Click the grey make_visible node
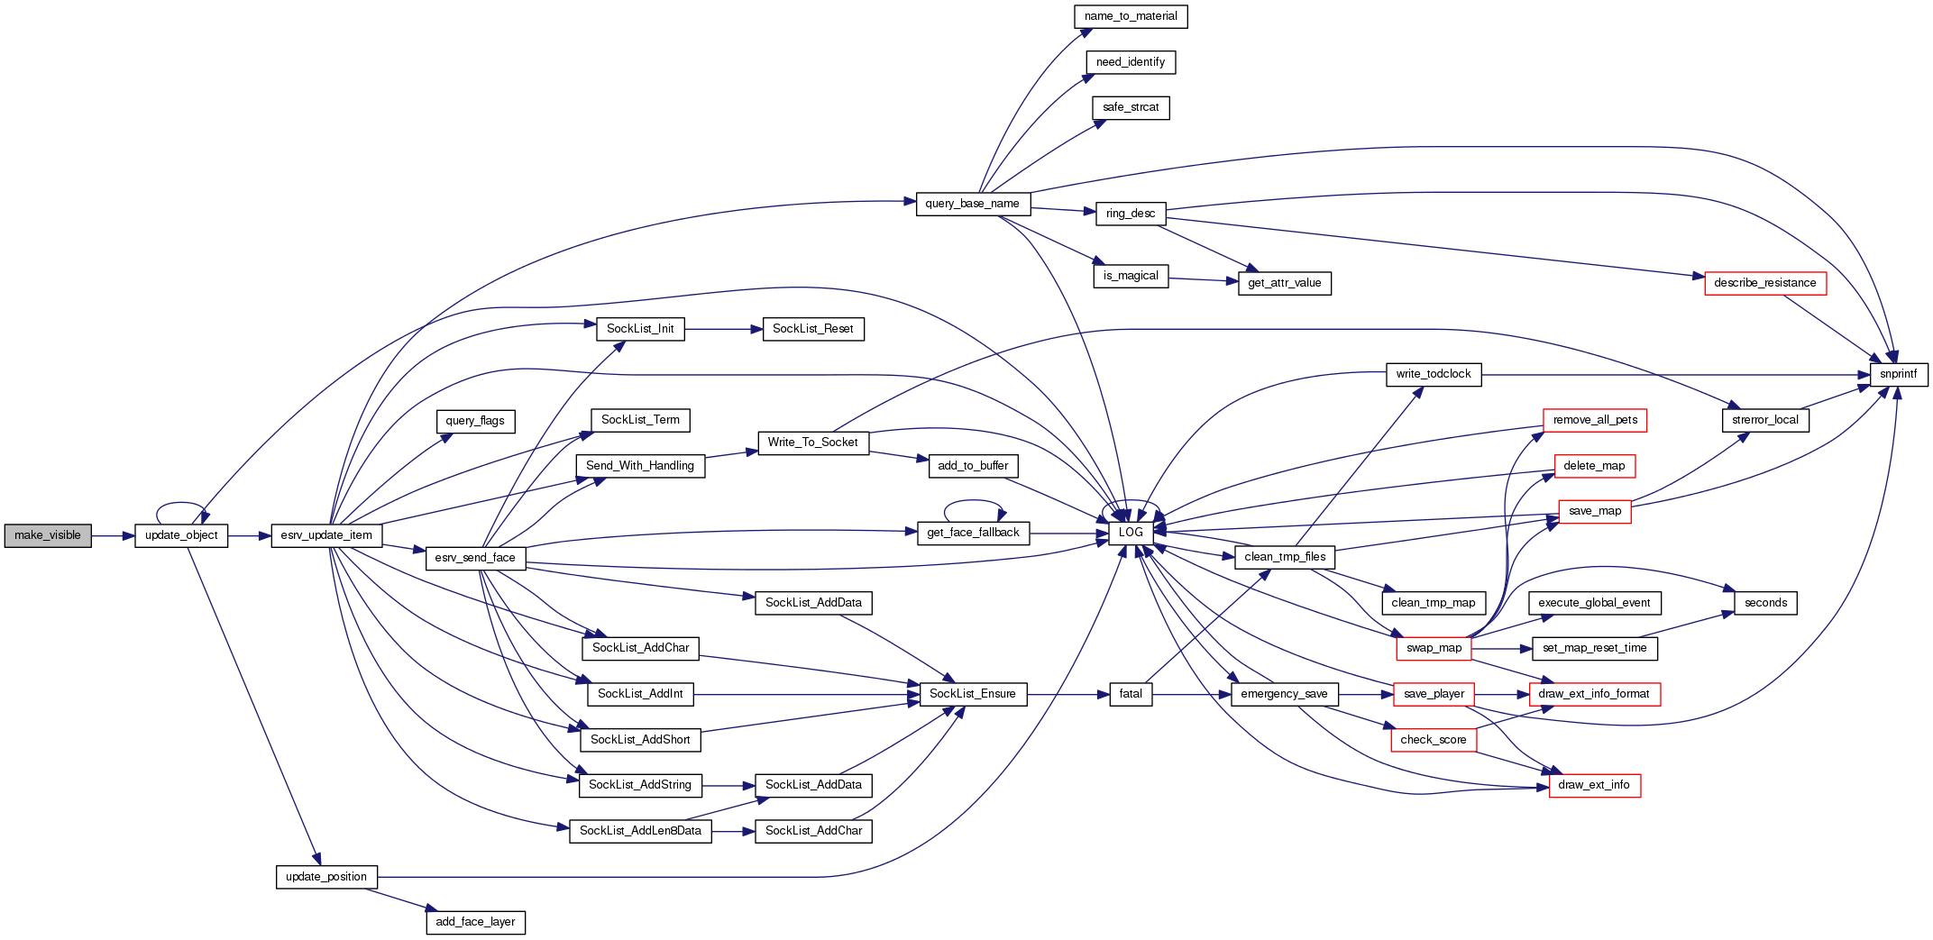[x=48, y=535]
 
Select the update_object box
[x=181, y=535]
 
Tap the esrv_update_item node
[x=326, y=535]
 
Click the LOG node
[x=1131, y=533]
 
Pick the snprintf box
[x=1898, y=374]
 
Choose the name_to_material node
[x=1131, y=16]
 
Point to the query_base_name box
[x=972, y=204]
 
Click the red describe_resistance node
[x=1764, y=283]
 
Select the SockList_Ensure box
[x=972, y=694]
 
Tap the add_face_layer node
[x=475, y=922]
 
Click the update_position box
[x=325, y=877]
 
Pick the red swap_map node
[x=1434, y=648]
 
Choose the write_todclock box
[x=1433, y=374]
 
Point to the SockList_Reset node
[x=812, y=329]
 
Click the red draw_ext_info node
[x=1594, y=785]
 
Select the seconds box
[x=1765, y=603]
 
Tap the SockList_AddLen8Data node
[x=640, y=831]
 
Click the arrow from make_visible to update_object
[x=113, y=535]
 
